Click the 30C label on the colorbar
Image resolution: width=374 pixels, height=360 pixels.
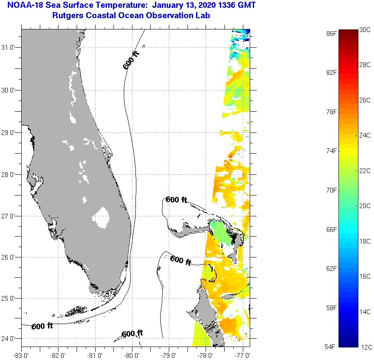tap(365, 29)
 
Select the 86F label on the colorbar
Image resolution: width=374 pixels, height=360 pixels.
tap(332, 33)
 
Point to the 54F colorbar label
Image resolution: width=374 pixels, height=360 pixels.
tap(332, 347)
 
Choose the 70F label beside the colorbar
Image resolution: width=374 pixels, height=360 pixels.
tap(332, 190)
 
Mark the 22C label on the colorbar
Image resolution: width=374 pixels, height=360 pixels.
tap(365, 170)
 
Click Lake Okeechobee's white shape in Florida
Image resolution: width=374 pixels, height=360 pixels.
tap(102, 218)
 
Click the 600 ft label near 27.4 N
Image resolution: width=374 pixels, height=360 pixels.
tap(176, 200)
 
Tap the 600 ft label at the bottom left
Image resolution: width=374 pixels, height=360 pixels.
tap(42, 326)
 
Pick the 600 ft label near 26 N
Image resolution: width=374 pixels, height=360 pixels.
tap(181, 260)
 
